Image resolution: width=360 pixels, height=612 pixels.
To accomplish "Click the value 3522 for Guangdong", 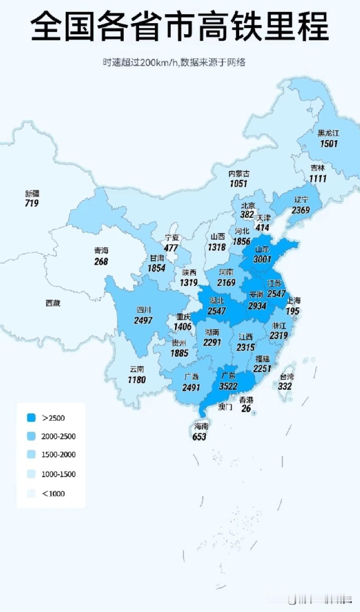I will [228, 386].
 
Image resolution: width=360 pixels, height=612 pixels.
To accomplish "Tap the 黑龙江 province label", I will [328, 133].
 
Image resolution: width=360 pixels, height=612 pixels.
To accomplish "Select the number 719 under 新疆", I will [32, 203].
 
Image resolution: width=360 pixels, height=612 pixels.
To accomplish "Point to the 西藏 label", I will [53, 303].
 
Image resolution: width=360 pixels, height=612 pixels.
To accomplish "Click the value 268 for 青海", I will [101, 261].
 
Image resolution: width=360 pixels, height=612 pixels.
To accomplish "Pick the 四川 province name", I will [143, 310].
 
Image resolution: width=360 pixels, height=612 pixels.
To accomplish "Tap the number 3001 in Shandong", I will [262, 259].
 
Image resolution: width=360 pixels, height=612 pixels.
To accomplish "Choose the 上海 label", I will [293, 301].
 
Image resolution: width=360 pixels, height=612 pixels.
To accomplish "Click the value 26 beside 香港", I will [246, 409].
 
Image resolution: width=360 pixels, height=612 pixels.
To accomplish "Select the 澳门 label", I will [225, 407].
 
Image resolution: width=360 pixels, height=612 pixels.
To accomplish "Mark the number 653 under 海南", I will [199, 436].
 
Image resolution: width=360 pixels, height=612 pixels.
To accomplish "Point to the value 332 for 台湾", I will [285, 386].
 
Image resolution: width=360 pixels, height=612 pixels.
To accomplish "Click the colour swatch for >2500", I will [31, 418].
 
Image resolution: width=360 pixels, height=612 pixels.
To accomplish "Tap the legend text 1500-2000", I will [58, 454].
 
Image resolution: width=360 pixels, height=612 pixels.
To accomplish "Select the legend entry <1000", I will [53, 493].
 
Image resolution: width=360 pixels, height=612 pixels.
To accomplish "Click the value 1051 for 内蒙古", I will [239, 183].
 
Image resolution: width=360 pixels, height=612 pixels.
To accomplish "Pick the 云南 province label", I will [137, 369].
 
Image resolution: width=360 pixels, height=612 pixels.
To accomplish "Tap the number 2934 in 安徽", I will [257, 306].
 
